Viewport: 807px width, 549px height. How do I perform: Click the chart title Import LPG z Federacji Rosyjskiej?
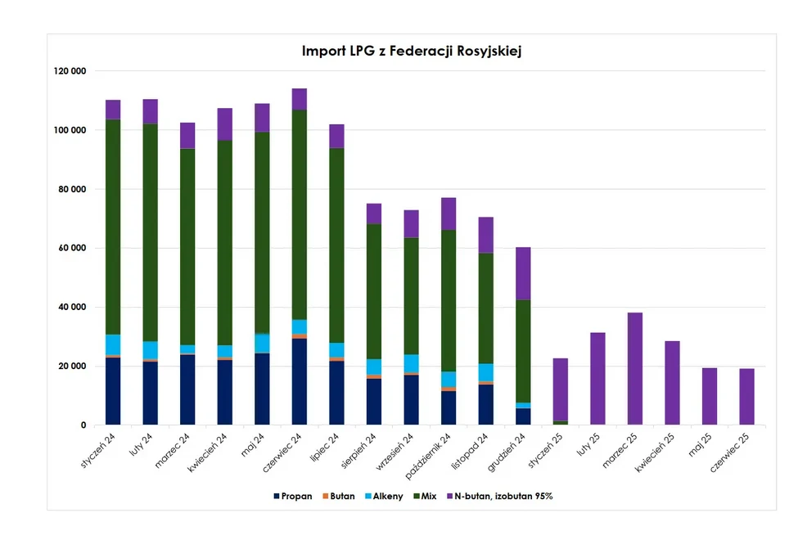pyautogui.click(x=411, y=51)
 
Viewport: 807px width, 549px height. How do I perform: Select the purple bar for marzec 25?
pyautogui.click(x=635, y=368)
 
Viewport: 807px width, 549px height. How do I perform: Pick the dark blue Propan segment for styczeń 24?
pyautogui.click(x=113, y=391)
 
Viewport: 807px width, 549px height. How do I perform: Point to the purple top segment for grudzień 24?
pyautogui.click(x=523, y=273)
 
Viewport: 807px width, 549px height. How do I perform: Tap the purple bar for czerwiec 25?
pyautogui.click(x=746, y=397)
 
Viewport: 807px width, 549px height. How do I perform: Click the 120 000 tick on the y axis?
pyautogui.click(x=70, y=71)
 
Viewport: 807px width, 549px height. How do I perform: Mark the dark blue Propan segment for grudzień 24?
pyautogui.click(x=523, y=416)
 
